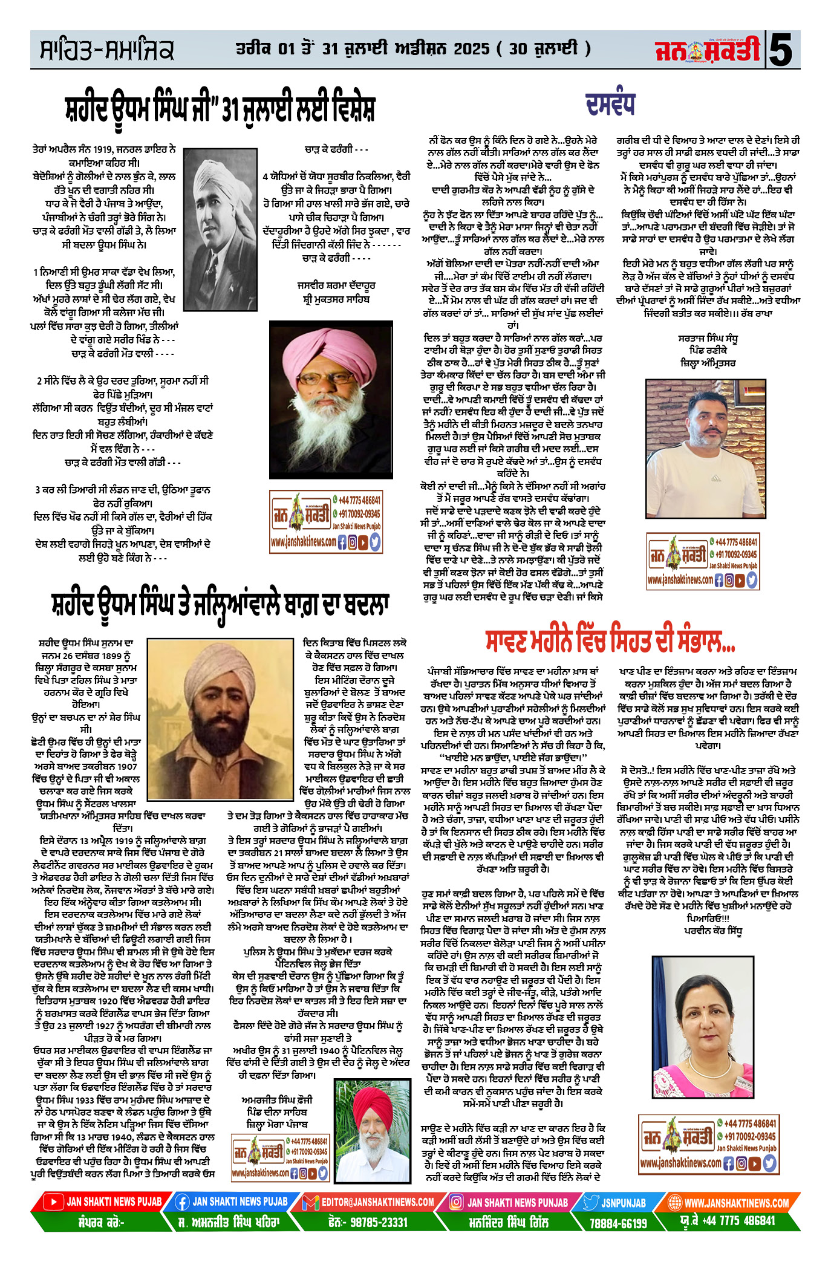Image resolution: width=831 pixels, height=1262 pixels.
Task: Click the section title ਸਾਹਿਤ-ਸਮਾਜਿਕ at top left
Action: [x=107, y=51]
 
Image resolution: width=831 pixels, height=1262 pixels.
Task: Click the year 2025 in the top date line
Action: [x=471, y=49]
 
